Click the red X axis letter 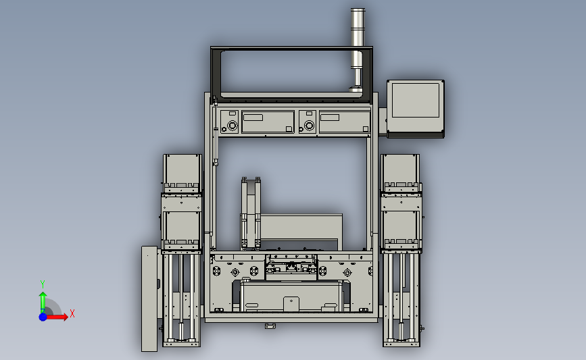[x=72, y=313]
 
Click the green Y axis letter [x=43, y=284]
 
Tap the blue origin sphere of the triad [x=43, y=317]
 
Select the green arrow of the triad [x=43, y=303]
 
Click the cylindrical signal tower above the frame [x=358, y=49]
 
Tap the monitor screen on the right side [x=415, y=100]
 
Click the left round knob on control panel [x=233, y=126]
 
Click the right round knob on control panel [x=309, y=126]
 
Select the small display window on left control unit [x=253, y=118]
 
